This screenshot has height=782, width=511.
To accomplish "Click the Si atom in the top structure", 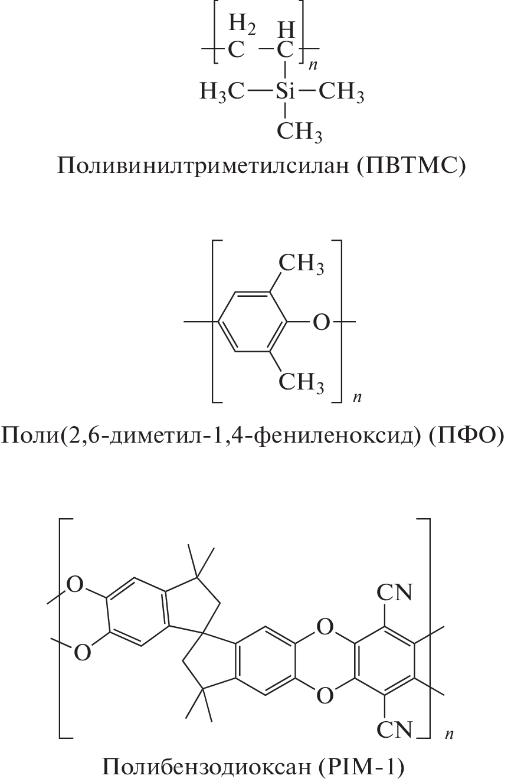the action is tap(285, 91).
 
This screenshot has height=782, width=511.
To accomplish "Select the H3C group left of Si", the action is tap(222, 92).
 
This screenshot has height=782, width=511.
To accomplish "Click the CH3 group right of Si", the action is tap(342, 92).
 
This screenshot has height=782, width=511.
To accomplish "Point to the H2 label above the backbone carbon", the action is tap(243, 25).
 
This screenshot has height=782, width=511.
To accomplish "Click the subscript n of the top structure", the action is tap(313, 66).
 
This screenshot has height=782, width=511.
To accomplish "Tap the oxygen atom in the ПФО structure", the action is tap(321, 322).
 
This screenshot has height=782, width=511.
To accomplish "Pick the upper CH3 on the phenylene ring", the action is tap(301, 264).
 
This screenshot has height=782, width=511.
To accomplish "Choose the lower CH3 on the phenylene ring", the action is tap(301, 382).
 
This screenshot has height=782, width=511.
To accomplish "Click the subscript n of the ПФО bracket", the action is tap(357, 397).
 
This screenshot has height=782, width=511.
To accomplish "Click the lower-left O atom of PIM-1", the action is tap(83, 652).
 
